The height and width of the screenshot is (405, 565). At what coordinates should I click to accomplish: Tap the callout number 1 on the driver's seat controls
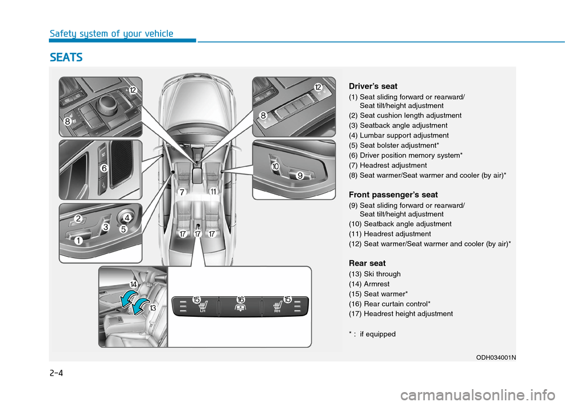pyautogui.click(x=78, y=240)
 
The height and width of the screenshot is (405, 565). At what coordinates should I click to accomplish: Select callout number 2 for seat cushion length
pyautogui.click(x=78, y=219)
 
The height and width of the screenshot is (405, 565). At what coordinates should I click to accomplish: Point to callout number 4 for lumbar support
pyautogui.click(x=127, y=217)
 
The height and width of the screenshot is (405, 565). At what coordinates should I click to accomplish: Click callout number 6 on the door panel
pyautogui.click(x=104, y=168)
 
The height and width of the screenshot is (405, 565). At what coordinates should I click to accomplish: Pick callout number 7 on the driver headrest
pyautogui.click(x=182, y=192)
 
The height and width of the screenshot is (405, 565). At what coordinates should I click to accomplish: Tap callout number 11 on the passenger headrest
pyautogui.click(x=212, y=192)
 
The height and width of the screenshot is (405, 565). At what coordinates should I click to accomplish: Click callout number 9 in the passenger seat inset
pyautogui.click(x=300, y=176)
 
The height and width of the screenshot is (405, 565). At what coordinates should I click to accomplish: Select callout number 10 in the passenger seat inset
pyautogui.click(x=275, y=168)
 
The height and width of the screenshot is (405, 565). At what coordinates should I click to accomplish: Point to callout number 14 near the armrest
pyautogui.click(x=134, y=284)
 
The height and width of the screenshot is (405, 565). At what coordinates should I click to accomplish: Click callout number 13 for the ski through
pyautogui.click(x=152, y=308)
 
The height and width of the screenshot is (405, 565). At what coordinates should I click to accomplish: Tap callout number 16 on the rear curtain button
pyautogui.click(x=241, y=300)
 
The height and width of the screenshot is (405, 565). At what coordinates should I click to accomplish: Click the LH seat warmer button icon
pyautogui.click(x=204, y=307)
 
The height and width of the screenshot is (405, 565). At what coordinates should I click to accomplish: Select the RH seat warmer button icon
pyautogui.click(x=278, y=307)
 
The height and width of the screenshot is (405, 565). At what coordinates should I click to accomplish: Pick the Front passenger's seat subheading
pyautogui.click(x=393, y=195)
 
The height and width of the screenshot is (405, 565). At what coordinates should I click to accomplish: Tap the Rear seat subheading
pyautogui.click(x=367, y=263)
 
